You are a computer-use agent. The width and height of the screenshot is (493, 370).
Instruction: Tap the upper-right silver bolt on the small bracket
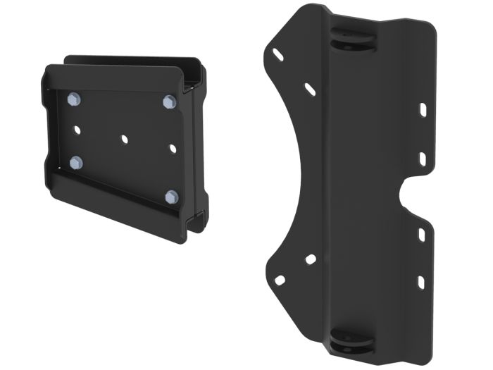click(x=168, y=102)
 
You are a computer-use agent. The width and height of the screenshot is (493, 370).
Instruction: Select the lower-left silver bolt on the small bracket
click(x=76, y=164)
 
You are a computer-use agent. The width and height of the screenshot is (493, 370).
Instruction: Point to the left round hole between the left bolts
click(x=75, y=130)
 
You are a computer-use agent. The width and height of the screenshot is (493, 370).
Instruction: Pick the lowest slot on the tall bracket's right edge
click(x=421, y=283)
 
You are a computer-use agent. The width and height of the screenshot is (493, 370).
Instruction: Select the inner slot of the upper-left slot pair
click(x=311, y=89)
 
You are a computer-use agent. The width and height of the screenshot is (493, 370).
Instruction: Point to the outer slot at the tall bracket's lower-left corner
click(x=279, y=280)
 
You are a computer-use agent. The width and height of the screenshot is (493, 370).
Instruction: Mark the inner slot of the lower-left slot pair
click(x=309, y=260)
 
